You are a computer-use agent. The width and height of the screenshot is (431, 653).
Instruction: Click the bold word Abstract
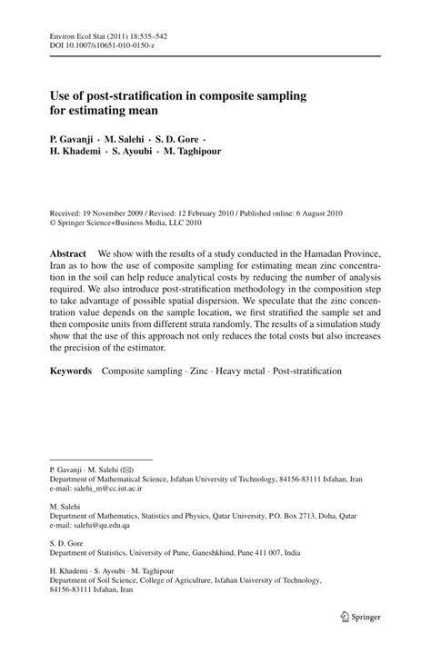(x=68, y=252)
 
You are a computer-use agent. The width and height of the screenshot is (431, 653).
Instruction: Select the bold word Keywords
(x=70, y=371)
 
